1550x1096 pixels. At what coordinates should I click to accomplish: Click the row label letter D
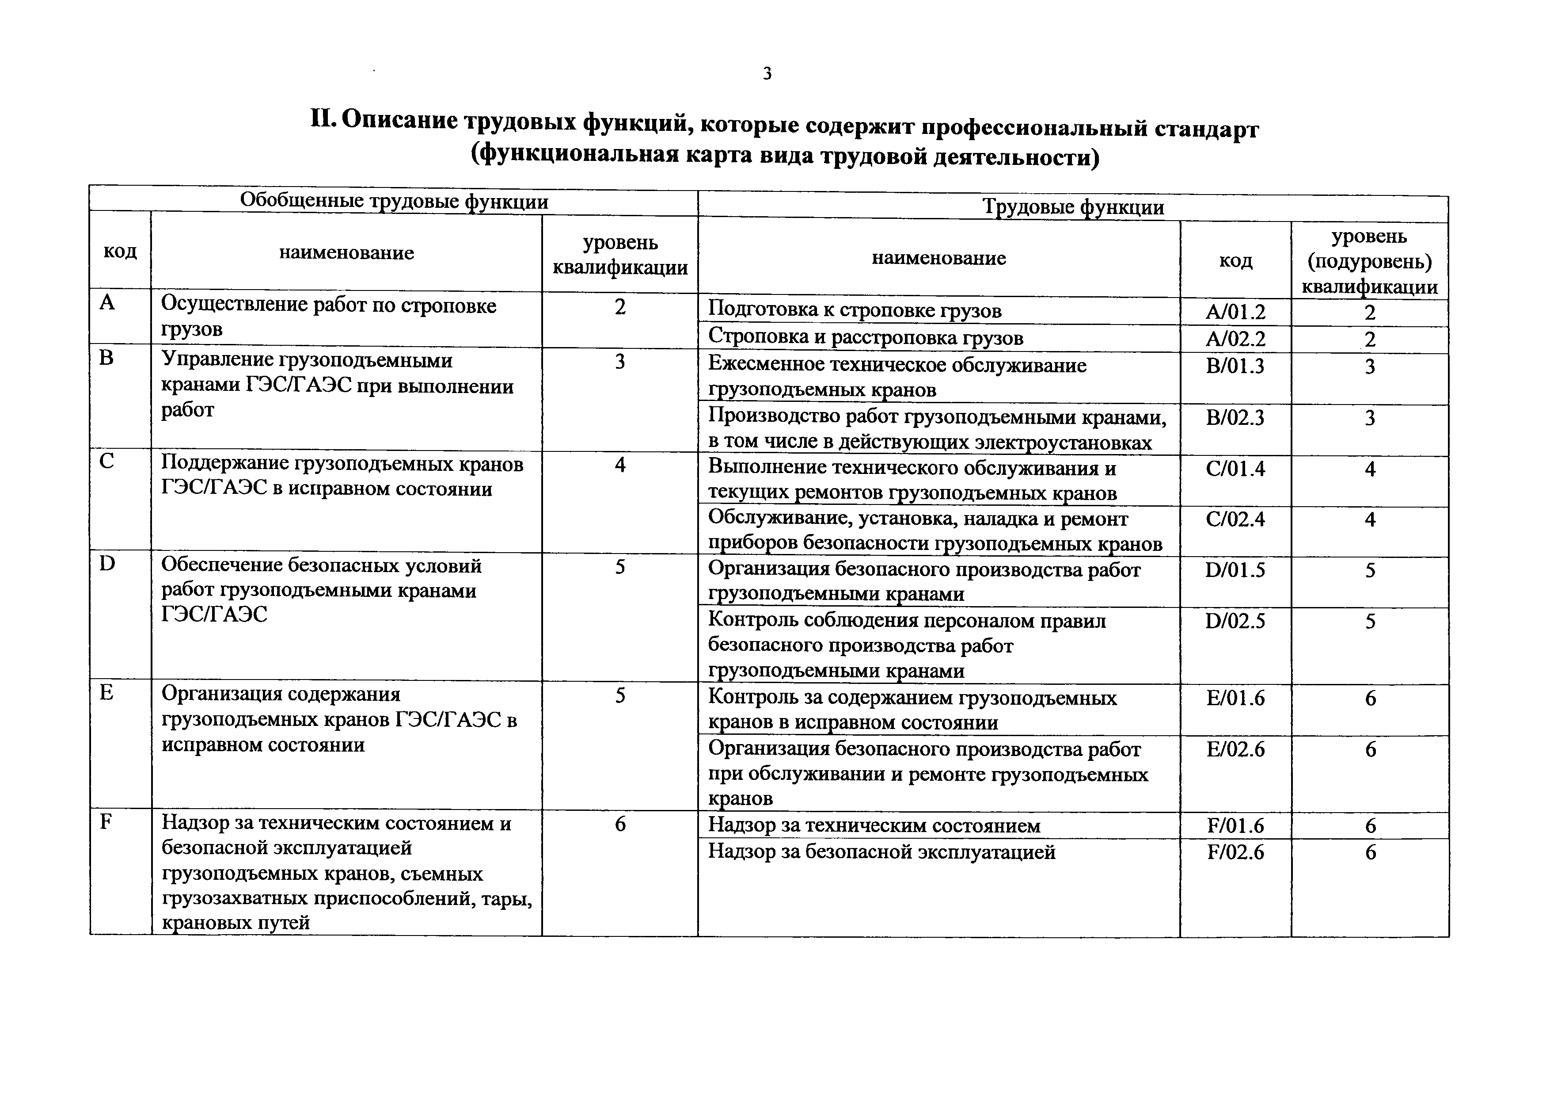click(x=106, y=563)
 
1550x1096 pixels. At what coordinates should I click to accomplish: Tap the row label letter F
click(x=106, y=822)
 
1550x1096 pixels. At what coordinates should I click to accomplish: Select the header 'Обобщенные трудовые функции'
click(x=394, y=201)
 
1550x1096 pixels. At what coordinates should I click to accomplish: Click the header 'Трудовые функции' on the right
click(x=1073, y=206)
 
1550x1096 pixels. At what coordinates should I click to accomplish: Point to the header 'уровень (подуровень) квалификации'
click(x=1369, y=261)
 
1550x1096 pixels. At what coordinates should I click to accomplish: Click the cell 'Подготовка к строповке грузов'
click(x=854, y=311)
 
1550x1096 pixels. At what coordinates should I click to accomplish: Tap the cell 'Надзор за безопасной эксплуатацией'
click(x=881, y=852)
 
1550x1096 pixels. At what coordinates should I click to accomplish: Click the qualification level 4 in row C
click(x=620, y=465)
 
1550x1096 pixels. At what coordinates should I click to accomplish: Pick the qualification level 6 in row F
click(x=620, y=824)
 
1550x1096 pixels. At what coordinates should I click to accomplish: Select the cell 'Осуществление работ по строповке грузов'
click(x=328, y=317)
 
